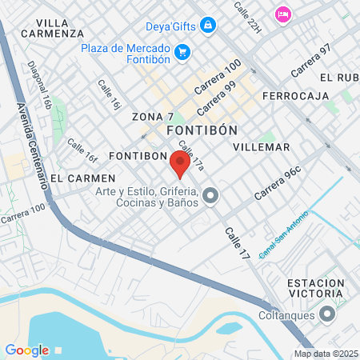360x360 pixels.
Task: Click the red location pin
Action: tap(180, 163)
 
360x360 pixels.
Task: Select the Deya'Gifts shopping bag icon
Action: tap(208, 25)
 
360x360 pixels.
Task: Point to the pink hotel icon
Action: tap(282, 14)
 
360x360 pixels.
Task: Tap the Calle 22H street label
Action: tap(247, 17)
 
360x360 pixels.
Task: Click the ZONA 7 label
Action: tap(153, 117)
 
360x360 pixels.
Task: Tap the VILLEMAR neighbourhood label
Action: tap(261, 147)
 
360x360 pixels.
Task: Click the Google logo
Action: tap(26, 350)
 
